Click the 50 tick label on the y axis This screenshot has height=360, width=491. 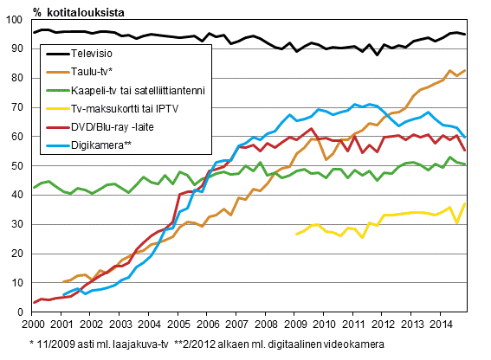point(20,166)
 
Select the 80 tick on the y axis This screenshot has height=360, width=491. point(20,79)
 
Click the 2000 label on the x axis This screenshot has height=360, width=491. point(33,325)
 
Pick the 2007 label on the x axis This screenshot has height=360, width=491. point(236,325)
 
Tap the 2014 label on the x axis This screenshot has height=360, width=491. point(439,325)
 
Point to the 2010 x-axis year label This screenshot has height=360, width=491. point(323,325)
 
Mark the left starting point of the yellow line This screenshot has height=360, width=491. point(296,234)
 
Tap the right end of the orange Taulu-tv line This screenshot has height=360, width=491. point(466,71)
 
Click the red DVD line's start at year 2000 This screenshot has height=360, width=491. point(34,302)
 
